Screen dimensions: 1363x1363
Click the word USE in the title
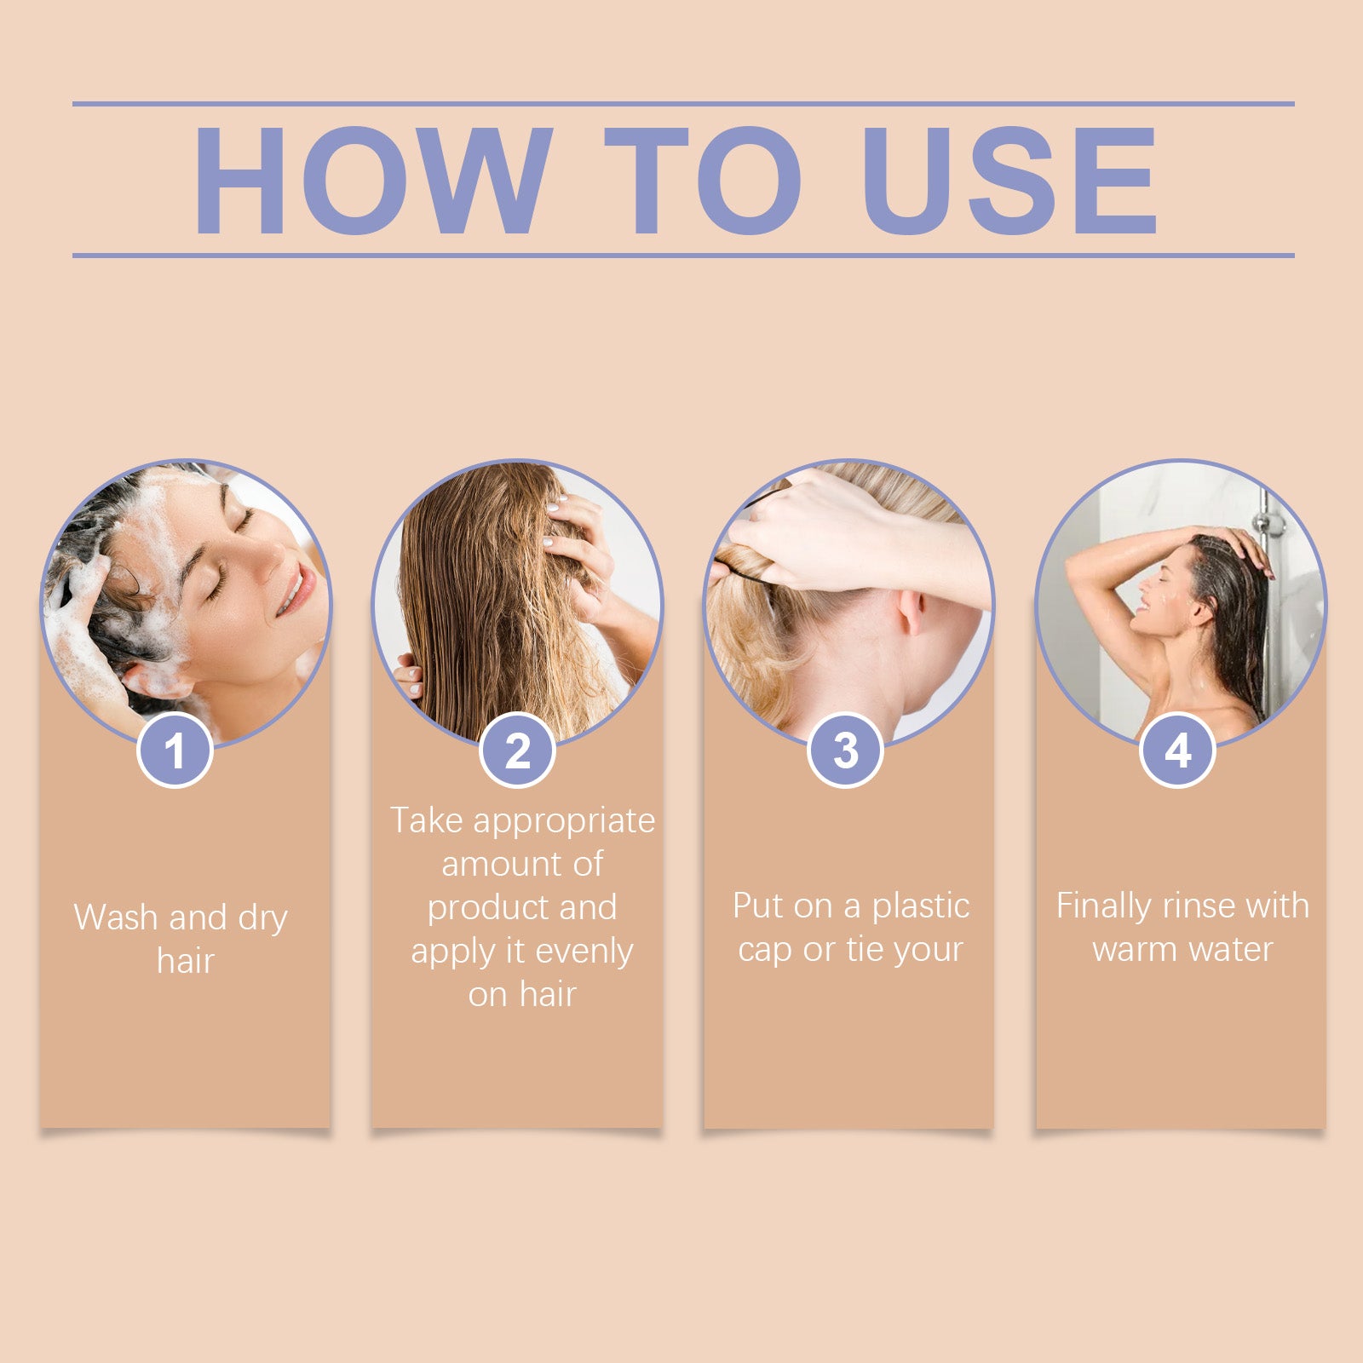[1009, 180]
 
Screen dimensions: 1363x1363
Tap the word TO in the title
[702, 180]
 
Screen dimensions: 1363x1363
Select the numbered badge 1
[175, 751]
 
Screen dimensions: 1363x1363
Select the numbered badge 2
[517, 751]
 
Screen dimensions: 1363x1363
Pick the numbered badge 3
[845, 751]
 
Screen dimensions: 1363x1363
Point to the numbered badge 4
[1177, 751]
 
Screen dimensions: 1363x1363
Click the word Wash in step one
[116, 917]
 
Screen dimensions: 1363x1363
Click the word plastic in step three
[921, 906]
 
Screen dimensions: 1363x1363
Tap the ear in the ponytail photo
[910, 612]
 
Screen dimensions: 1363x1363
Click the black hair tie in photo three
[750, 578]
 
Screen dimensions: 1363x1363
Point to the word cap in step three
[765, 950]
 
